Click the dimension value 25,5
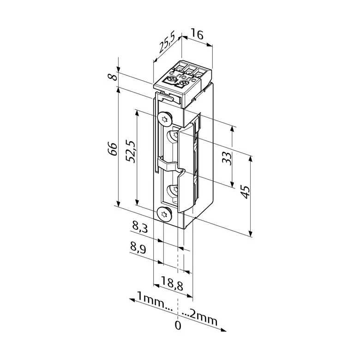coord(167,43)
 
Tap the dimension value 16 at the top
coord(197,35)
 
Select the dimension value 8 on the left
coord(113,77)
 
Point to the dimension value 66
coord(113,149)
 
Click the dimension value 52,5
coord(132,151)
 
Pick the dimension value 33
coord(227,158)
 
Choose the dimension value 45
coord(246,192)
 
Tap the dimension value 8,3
coord(140,227)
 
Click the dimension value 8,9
coord(138,248)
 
